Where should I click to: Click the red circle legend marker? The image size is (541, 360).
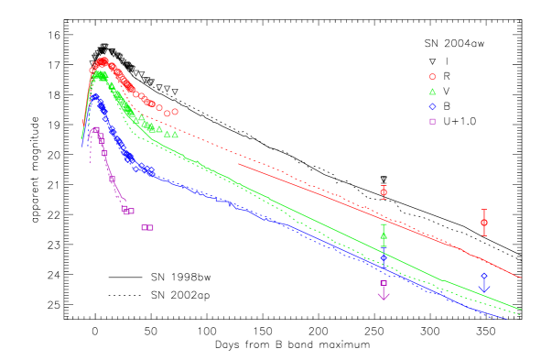pyautogui.click(x=432, y=77)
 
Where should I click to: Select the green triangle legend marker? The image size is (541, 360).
pyautogui.click(x=432, y=92)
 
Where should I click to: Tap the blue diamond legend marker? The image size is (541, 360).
pyautogui.click(x=432, y=106)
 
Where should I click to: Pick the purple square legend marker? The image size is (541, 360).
pyautogui.click(x=432, y=121)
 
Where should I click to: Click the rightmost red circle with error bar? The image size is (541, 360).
pyautogui.click(x=484, y=223)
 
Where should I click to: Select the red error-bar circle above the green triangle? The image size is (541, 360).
pyautogui.click(x=384, y=191)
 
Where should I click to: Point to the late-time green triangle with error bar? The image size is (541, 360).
pyautogui.click(x=384, y=235)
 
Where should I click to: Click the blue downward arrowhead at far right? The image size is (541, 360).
pyautogui.click(x=484, y=289)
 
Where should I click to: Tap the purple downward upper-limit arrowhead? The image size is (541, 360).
pyautogui.click(x=384, y=296)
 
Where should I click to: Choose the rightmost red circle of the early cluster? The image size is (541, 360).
pyautogui.click(x=175, y=112)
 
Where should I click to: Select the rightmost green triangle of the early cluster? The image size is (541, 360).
pyautogui.click(x=175, y=135)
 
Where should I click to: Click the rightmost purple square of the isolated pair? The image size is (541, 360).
pyautogui.click(x=150, y=227)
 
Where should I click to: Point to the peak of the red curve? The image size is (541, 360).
pyautogui.click(x=103, y=61)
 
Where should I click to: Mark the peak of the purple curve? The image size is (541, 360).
pyautogui.click(x=95, y=129)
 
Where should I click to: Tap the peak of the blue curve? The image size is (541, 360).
pyautogui.click(x=94, y=95)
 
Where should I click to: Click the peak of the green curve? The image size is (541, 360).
pyautogui.click(x=100, y=74)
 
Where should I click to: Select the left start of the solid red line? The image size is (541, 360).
pyautogui.click(x=239, y=165)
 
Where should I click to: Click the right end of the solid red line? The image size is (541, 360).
pyautogui.click(x=521, y=277)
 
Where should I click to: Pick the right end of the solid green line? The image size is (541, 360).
pyautogui.click(x=520, y=309)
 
